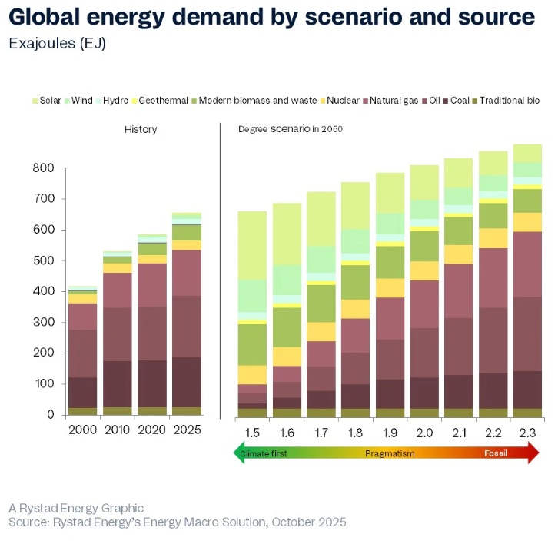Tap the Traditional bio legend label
click(x=509, y=101)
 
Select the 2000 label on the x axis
click(x=82, y=430)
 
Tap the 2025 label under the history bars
click(x=187, y=430)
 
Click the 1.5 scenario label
click(x=251, y=433)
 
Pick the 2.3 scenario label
click(x=526, y=433)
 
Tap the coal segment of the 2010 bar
click(x=117, y=383)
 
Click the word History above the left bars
click(x=141, y=129)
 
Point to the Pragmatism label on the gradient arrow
click(x=390, y=454)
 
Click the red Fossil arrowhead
click(x=531, y=454)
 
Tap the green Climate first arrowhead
click(x=237, y=454)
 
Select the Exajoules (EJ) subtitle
click(x=58, y=43)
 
